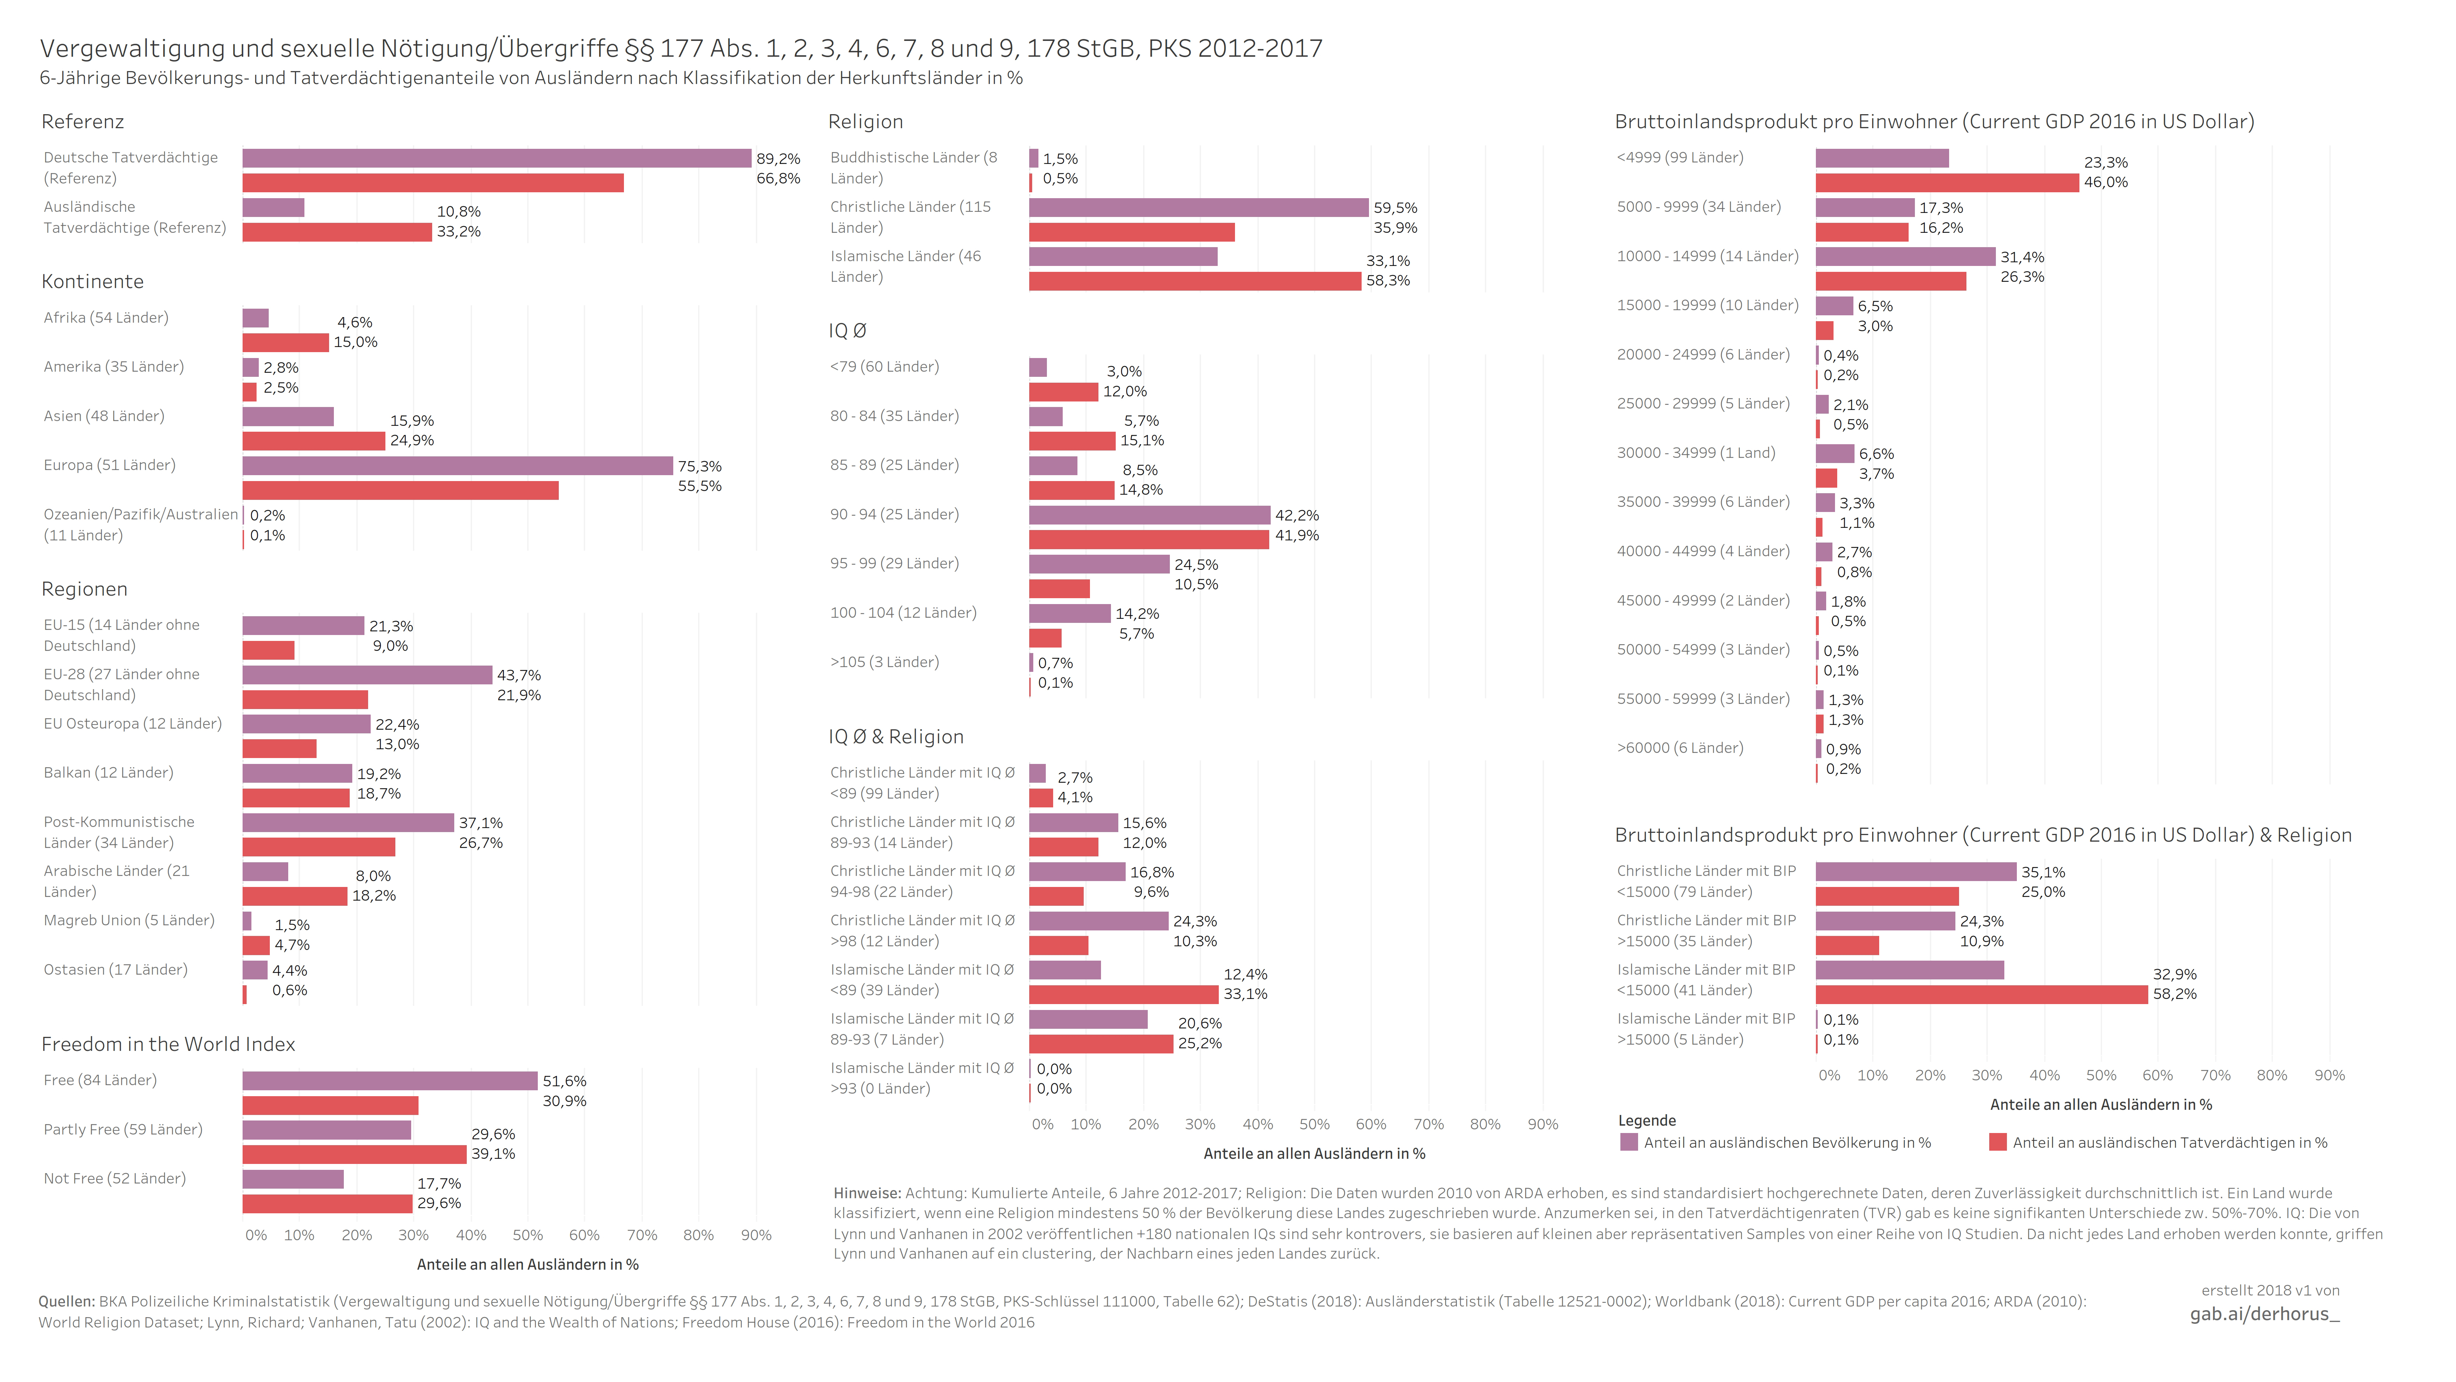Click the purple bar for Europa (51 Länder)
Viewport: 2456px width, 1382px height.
coord(458,466)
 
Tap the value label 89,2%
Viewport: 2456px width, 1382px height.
coord(778,158)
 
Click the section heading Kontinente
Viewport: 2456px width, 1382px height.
coord(92,281)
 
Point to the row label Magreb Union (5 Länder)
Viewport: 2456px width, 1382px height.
coord(129,920)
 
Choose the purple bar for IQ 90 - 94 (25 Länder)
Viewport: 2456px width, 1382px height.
coord(1149,515)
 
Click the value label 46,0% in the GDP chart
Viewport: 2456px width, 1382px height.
coord(2105,182)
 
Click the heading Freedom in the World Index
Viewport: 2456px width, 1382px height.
coord(168,1044)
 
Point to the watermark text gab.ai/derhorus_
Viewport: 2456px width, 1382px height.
coord(2264,1314)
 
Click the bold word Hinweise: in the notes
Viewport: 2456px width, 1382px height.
coord(867,1193)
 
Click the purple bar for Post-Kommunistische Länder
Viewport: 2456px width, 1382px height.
coord(348,822)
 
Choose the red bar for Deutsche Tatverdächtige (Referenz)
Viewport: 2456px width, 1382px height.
coord(433,183)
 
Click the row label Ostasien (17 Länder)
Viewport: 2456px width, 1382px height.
coord(115,970)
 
